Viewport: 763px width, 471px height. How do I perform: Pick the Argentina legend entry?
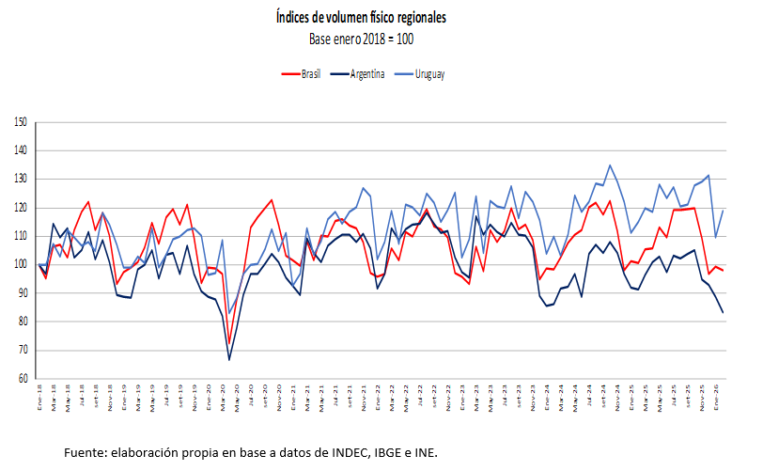click(367, 74)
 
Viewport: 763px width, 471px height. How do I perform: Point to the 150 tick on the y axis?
click(21, 122)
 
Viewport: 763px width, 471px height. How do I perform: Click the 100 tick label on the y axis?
click(21, 265)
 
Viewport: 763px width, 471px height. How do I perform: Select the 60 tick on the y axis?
click(22, 379)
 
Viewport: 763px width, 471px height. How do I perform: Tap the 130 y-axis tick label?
click(21, 180)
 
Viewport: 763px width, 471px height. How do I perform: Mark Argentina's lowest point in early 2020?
click(229, 359)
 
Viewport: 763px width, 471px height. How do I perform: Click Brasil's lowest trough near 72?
click(229, 344)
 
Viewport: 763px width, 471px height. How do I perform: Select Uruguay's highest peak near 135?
click(610, 165)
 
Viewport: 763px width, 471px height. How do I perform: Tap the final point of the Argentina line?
click(723, 312)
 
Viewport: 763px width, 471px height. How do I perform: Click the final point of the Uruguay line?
click(723, 210)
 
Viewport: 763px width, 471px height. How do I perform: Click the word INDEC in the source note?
click(325, 452)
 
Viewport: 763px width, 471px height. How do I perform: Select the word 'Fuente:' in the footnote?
click(86, 452)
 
